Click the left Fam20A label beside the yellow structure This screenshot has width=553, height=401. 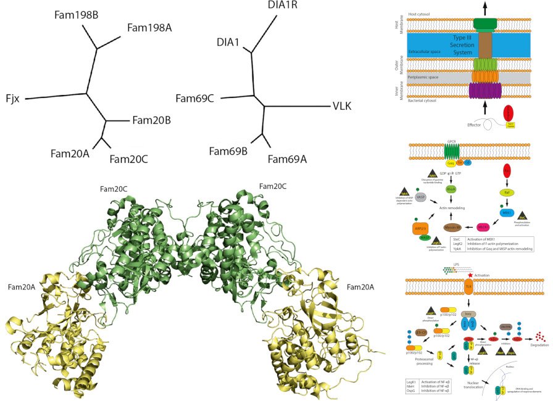tap(24, 287)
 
